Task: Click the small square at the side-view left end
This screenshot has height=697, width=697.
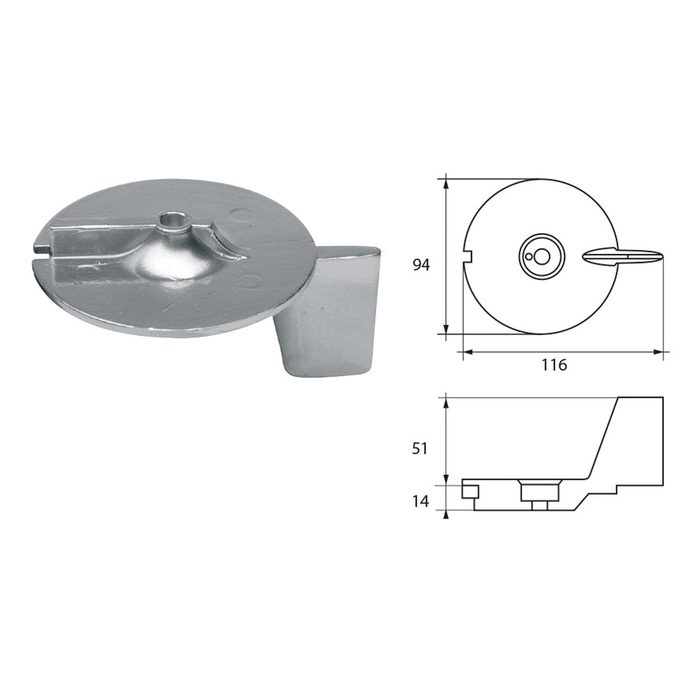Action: coord(469,493)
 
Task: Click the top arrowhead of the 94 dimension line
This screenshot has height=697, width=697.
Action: coord(445,182)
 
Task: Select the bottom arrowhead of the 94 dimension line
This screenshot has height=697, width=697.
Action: coord(445,330)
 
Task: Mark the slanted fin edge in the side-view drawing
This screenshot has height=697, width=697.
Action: coord(604,439)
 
